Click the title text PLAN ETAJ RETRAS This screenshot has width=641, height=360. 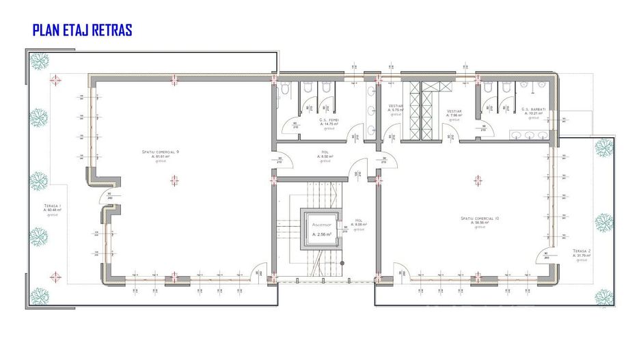tap(82, 30)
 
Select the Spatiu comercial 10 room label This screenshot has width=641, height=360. tap(480, 219)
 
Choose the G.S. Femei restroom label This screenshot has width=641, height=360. tap(330, 120)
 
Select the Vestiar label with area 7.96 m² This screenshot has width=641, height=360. tap(455, 112)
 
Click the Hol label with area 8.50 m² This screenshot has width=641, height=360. tap(326, 153)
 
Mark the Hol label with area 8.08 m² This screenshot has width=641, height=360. tap(359, 222)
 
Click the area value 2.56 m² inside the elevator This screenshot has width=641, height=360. tap(321, 234)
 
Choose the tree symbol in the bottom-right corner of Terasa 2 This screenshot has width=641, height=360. tap(603, 296)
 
